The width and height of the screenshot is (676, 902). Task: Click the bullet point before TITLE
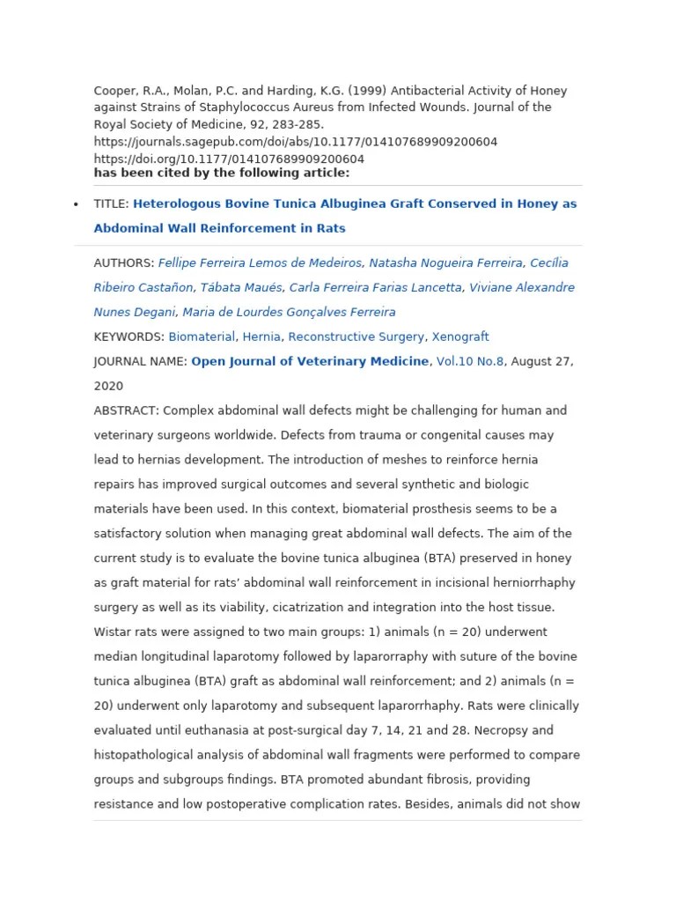pos(75,204)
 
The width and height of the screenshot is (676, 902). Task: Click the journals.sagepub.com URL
pos(296,142)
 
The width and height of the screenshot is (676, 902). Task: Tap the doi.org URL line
pos(229,159)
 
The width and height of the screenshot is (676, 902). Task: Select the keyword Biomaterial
pos(202,336)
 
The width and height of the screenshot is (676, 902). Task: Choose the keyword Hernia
pos(261,336)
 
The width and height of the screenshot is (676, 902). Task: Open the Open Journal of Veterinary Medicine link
pos(310,361)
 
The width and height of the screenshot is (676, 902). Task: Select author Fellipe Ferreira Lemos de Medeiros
pos(260,262)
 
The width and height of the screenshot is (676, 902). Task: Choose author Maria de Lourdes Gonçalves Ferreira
pos(288,312)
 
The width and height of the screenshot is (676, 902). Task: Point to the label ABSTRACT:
pos(126,410)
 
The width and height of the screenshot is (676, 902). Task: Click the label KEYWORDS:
pos(129,336)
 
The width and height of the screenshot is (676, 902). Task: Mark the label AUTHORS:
pos(124,262)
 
